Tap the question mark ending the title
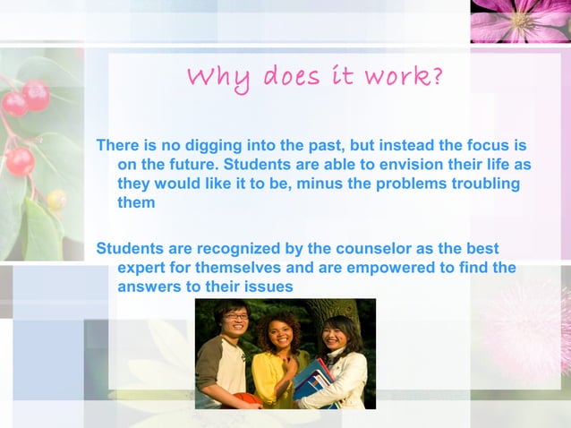coord(436,76)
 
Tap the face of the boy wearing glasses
coord(236,321)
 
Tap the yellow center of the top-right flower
coord(520,19)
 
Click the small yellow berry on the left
coord(56,199)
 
